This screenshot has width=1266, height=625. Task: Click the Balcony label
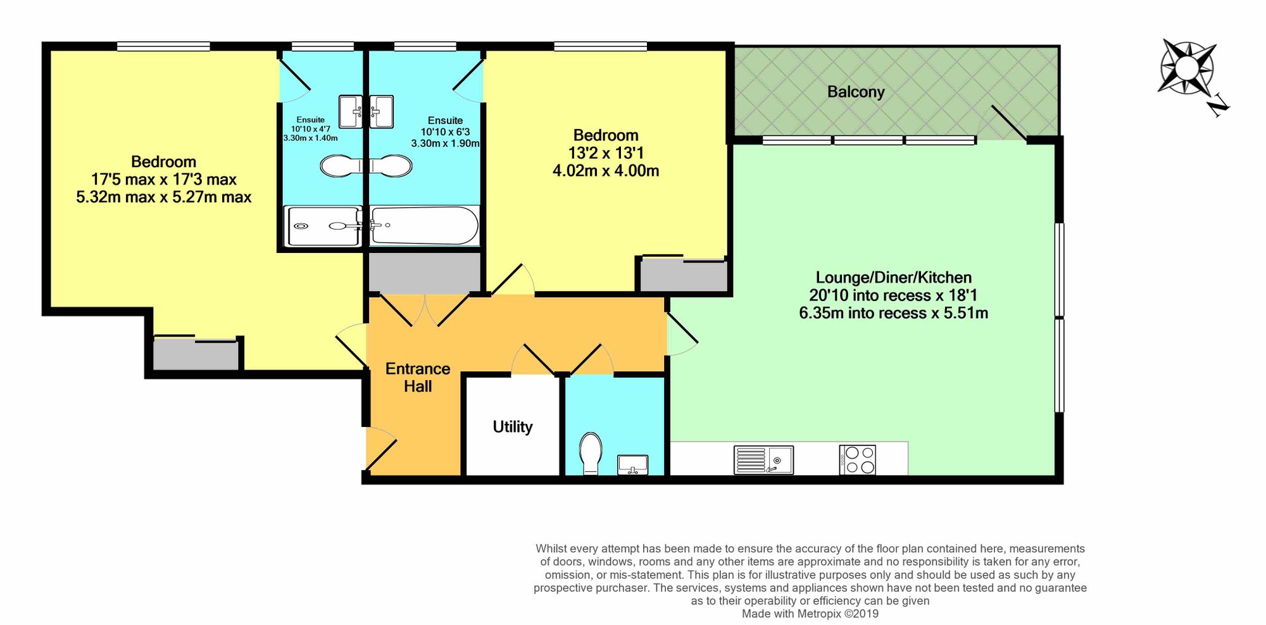[x=855, y=92]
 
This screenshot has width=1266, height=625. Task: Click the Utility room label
[x=512, y=426]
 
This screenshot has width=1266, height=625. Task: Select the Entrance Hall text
[x=418, y=377]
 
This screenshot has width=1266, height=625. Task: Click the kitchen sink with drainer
[x=763, y=460]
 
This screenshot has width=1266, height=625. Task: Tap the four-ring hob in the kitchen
[x=858, y=460]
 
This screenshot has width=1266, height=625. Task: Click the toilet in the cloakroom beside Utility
[x=591, y=452]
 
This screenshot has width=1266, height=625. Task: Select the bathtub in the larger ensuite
[x=424, y=225]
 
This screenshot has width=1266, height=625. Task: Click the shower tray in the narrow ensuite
[x=323, y=226]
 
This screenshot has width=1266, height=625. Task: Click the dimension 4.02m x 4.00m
[x=606, y=171]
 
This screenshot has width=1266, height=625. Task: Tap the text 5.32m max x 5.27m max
[x=164, y=197]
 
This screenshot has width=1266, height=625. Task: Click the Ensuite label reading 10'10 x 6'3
[x=445, y=132]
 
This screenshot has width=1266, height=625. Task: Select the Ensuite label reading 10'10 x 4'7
[x=310, y=128]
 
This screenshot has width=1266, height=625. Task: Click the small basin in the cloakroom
[x=633, y=464]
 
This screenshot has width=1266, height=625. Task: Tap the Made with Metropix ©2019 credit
[x=810, y=614]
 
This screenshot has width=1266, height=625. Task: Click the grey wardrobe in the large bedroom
[x=196, y=354]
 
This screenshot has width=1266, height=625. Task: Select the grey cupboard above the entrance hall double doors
[x=425, y=273]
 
